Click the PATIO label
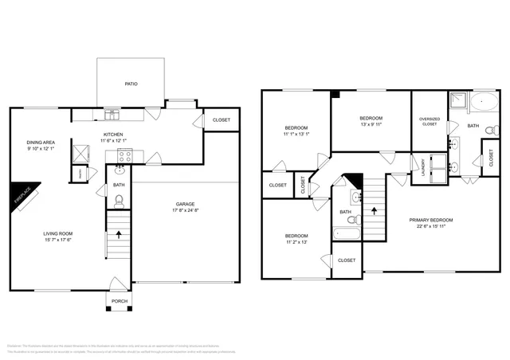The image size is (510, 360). click(x=131, y=83)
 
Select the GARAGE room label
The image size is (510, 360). click(x=185, y=205)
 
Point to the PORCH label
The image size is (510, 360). click(x=120, y=301)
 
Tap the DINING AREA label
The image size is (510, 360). click(x=41, y=142)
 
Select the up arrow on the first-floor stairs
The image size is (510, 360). click(x=120, y=235)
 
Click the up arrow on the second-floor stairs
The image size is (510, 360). click(x=375, y=212)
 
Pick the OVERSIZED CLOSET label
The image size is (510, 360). click(x=429, y=122)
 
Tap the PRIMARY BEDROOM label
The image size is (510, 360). click(x=431, y=220)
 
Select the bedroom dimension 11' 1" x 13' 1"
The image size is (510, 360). click(x=296, y=135)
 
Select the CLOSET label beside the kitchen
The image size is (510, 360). click(x=221, y=120)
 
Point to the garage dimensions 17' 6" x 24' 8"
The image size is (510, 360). click(x=185, y=212)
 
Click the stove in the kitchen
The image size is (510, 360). click(x=124, y=155)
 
